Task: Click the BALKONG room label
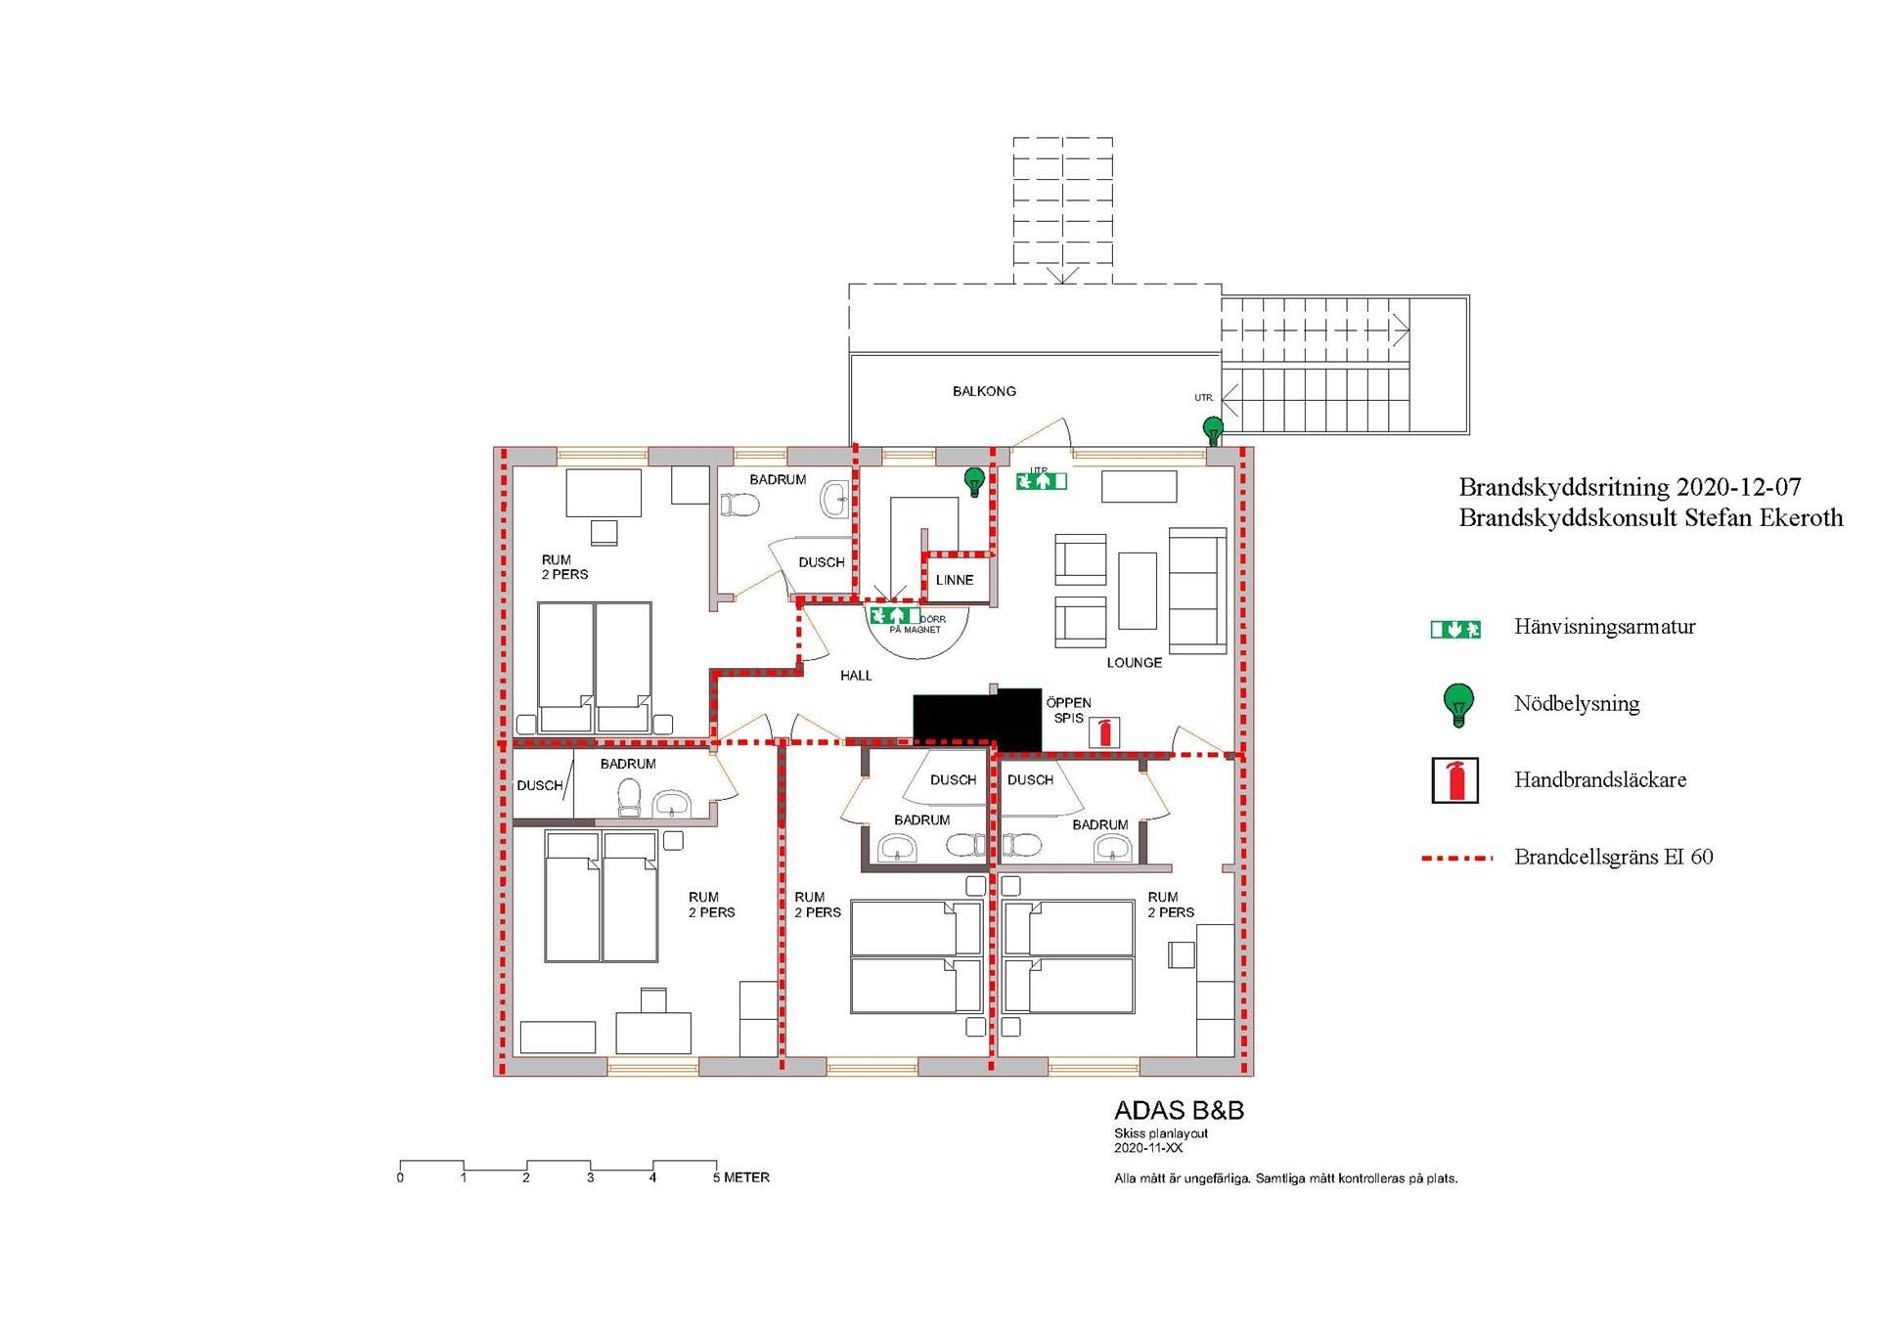click(984, 391)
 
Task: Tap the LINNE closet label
click(955, 580)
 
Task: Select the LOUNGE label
click(1135, 662)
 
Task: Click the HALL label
click(856, 676)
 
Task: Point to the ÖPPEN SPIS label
click(1068, 710)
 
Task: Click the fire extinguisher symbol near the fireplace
click(1105, 731)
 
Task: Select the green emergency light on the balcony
click(1213, 430)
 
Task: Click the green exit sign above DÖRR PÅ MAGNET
click(895, 615)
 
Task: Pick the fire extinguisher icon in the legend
click(1455, 780)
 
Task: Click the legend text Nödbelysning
click(1577, 703)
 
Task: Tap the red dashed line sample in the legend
click(1457, 858)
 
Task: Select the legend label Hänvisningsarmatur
click(1605, 627)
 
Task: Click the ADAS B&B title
click(1180, 1111)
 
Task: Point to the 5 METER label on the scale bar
click(741, 1177)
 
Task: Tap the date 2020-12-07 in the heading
click(1739, 487)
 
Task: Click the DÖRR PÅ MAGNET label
click(917, 625)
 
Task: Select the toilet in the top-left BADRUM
click(740, 505)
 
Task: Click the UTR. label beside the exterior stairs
click(1204, 398)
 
